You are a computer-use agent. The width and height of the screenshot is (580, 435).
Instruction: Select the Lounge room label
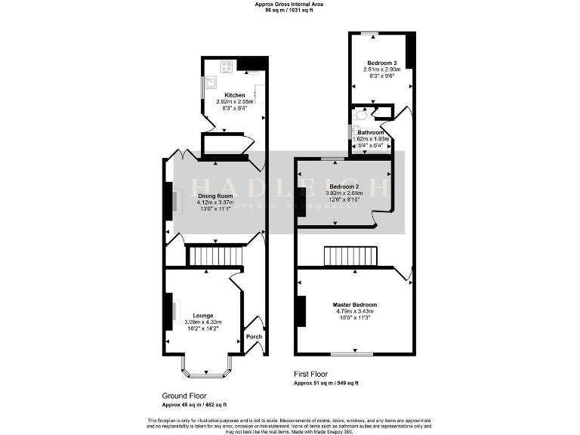202,316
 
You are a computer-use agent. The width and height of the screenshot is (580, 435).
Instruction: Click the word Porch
254,337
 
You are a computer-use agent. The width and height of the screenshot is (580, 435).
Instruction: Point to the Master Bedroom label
355,305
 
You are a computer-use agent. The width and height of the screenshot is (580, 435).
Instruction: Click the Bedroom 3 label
381,63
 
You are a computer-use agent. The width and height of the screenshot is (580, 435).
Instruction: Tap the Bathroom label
372,133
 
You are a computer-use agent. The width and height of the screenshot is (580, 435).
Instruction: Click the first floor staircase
351,257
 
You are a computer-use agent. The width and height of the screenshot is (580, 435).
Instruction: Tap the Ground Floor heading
184,396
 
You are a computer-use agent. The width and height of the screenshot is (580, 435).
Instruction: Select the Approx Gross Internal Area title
289,5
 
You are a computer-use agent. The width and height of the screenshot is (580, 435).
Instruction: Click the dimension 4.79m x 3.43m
355,311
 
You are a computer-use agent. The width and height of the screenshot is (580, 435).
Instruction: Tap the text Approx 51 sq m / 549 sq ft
326,384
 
